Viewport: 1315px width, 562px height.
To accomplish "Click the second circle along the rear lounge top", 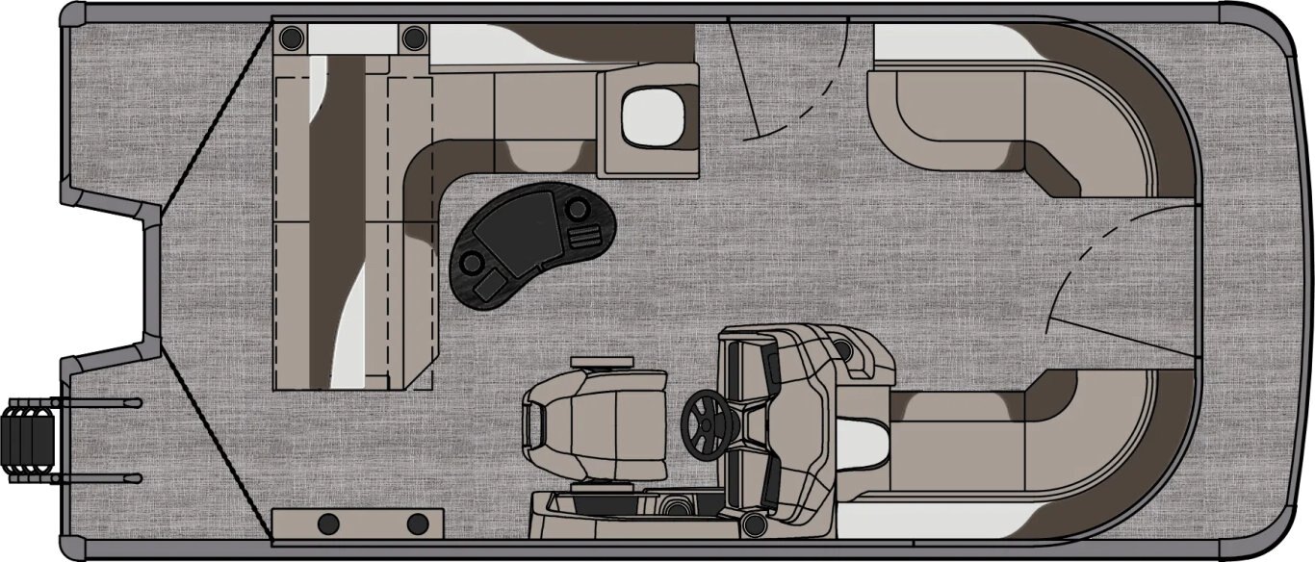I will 414,38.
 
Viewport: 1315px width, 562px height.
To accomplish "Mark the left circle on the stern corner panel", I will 328,524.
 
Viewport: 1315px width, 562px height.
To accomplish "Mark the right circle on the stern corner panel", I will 417,524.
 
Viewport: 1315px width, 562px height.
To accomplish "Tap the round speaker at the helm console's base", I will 752,524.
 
